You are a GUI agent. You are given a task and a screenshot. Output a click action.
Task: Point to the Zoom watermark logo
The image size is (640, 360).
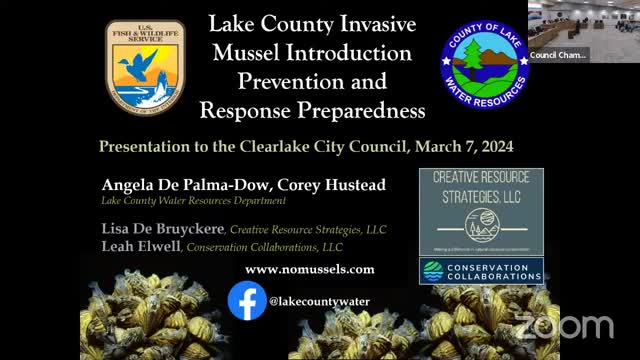pos(563,325)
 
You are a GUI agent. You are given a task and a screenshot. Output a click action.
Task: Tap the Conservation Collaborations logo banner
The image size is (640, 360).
pos(481,271)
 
